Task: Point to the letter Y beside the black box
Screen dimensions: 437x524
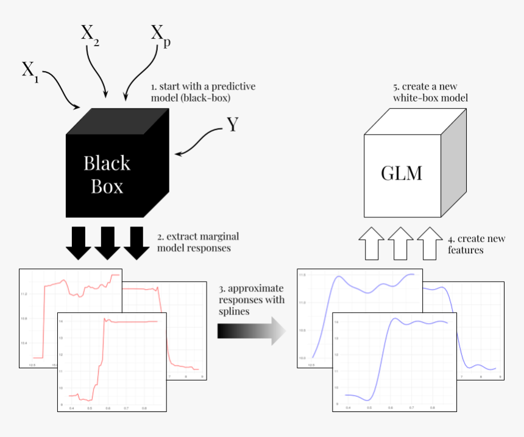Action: click(x=232, y=125)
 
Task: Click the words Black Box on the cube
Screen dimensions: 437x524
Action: click(x=107, y=174)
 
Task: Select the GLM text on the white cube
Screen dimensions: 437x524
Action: click(x=402, y=173)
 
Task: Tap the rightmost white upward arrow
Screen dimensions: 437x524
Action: click(x=430, y=243)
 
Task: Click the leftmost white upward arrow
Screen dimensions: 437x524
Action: click(x=371, y=243)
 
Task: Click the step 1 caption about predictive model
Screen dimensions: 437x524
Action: click(x=202, y=92)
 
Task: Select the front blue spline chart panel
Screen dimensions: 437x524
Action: click(x=394, y=362)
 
